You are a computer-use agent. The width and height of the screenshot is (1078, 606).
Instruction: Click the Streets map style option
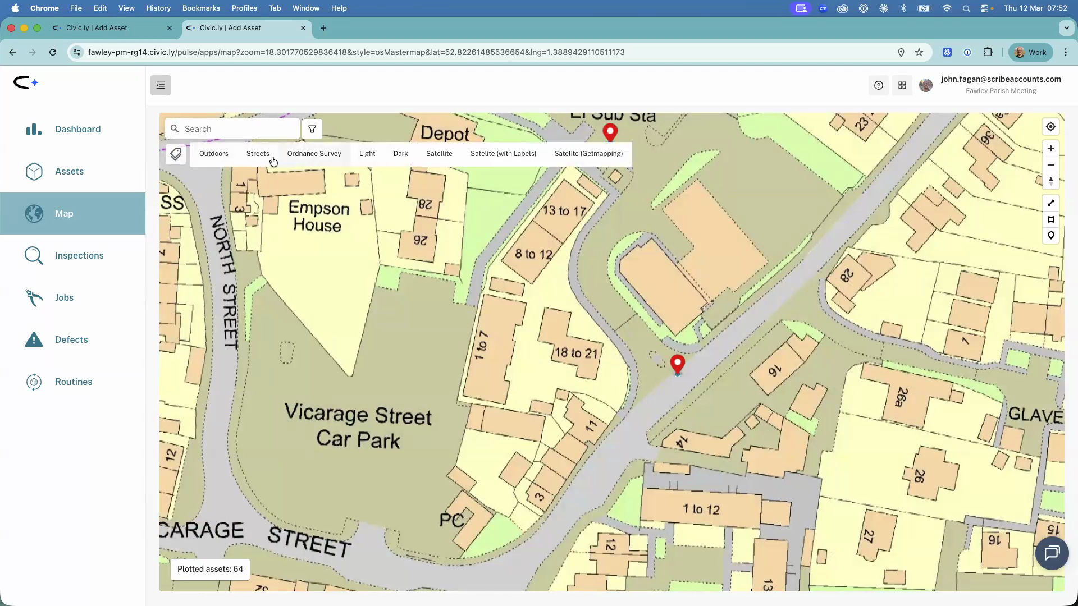(x=258, y=154)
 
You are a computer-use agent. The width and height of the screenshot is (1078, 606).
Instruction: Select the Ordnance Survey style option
(x=314, y=154)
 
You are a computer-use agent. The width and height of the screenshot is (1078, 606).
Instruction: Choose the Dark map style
(x=400, y=154)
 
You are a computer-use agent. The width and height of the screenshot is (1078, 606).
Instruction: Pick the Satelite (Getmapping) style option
(x=588, y=154)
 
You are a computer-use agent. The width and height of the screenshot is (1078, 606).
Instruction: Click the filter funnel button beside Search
(x=312, y=129)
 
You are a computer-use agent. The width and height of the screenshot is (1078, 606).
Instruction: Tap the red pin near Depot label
(x=610, y=132)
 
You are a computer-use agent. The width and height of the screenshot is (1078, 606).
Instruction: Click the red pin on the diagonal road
(x=678, y=363)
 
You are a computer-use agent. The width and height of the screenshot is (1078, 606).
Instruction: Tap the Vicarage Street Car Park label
(x=358, y=426)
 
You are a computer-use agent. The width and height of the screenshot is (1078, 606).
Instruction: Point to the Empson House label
(x=318, y=217)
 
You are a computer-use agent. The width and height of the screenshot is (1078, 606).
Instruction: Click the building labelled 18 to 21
(x=575, y=352)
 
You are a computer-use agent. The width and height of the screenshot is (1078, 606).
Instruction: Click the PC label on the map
(x=451, y=520)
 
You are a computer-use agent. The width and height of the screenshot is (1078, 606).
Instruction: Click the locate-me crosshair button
(x=1050, y=127)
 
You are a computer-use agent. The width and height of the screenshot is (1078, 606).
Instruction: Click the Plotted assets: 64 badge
(x=210, y=569)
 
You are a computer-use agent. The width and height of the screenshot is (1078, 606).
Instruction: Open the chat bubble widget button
(x=1052, y=553)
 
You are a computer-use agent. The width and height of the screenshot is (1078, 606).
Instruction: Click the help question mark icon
(x=879, y=85)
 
